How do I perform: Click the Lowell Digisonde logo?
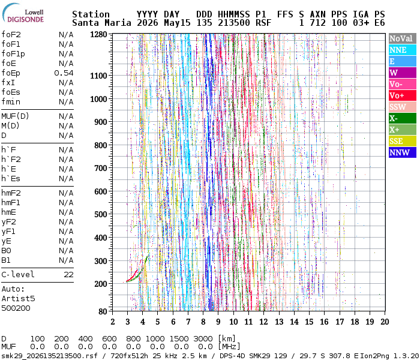(23, 13)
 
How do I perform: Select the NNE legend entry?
(403, 50)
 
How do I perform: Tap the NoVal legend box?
(403, 38)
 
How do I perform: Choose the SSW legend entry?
(403, 107)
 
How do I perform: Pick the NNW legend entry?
(403, 152)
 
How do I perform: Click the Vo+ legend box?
(403, 95)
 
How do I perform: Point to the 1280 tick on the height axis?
(98, 35)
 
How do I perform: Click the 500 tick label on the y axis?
(100, 214)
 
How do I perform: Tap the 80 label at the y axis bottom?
(103, 311)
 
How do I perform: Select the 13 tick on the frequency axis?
(279, 322)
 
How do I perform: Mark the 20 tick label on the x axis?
(385, 322)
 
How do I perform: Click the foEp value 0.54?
(64, 73)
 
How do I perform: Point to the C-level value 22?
(68, 275)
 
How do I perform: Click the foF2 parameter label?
(11, 35)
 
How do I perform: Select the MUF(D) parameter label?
(15, 116)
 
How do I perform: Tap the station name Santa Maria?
(101, 23)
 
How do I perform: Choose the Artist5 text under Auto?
(18, 298)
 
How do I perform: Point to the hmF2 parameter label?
(11, 193)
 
